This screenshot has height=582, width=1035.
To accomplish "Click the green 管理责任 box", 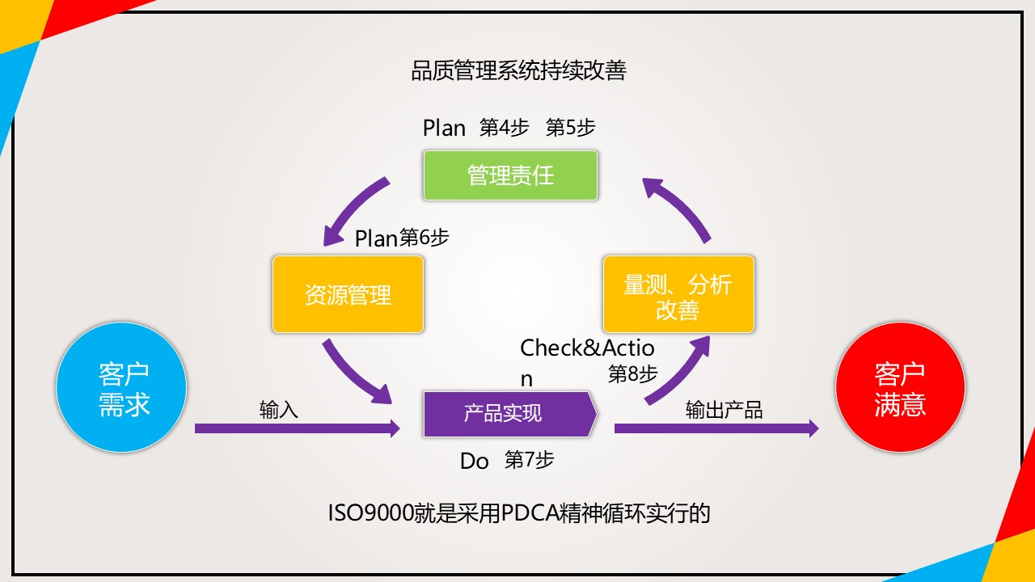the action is coord(510,175).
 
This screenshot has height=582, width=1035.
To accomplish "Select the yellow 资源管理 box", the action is coord(348,294).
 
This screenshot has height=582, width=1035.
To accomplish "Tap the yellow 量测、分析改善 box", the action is coord(678,294).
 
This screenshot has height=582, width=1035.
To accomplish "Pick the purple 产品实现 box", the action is coord(510,414).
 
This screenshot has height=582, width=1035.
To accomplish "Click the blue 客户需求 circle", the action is coord(121,387).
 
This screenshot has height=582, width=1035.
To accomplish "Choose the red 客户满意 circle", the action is coord(900,387).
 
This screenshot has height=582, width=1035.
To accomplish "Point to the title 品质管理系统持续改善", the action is coord(518,71).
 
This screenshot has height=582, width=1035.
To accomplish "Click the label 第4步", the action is coord(504,128).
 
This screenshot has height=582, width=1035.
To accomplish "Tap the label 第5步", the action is coord(570,128).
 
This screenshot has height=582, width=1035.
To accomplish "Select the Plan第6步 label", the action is coord(402,238).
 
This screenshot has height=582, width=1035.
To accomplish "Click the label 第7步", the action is coord(529,460).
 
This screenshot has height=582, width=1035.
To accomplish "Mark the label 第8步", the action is coord(632,373).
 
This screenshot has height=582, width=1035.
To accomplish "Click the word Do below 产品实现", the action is coord(474,461).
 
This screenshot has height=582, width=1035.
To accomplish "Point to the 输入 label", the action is coord(279,410).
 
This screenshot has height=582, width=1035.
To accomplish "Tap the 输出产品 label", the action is coord(724,410).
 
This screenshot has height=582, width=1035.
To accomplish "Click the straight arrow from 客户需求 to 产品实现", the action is coord(297,428).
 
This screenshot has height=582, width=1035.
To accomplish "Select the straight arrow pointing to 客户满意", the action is coord(716,428).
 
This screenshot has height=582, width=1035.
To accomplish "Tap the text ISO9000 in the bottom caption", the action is coord(370,513).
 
